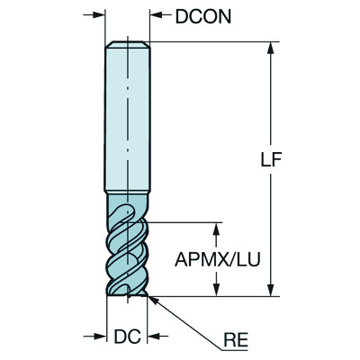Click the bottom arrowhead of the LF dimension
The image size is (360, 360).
point(270,289)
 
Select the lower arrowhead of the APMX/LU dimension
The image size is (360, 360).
point(216,289)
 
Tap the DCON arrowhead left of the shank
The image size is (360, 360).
point(100,16)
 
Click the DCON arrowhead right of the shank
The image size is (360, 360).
point(154,16)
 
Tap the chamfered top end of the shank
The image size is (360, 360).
point(127,46)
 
